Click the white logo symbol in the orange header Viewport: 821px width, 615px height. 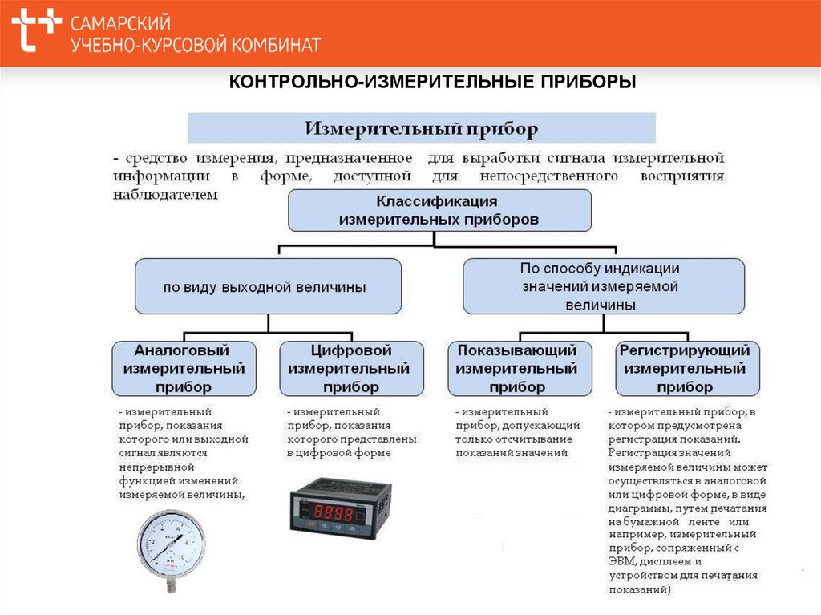pos(36,31)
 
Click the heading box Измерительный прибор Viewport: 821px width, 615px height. pos(422,127)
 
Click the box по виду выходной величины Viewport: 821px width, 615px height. pos(267,286)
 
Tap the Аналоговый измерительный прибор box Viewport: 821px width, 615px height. pos(184,369)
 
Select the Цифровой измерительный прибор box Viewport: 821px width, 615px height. pos(351,369)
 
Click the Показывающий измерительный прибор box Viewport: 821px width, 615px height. pos(519,369)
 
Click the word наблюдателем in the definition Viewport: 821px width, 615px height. pos(165,195)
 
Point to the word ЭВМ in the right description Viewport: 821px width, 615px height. pos(621,561)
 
